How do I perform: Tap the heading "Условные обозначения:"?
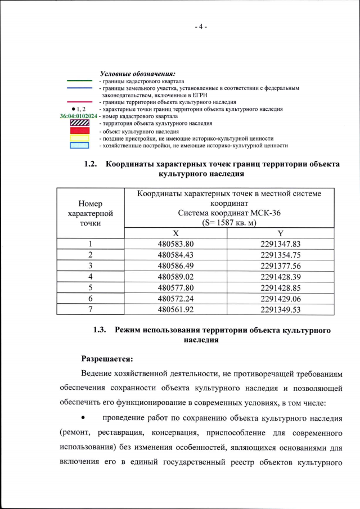(137, 73)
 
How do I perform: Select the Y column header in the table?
(281, 233)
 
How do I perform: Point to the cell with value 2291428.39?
(281, 276)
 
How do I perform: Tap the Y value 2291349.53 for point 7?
(281, 309)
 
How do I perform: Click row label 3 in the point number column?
(90, 265)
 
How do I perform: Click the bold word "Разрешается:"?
(107, 358)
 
